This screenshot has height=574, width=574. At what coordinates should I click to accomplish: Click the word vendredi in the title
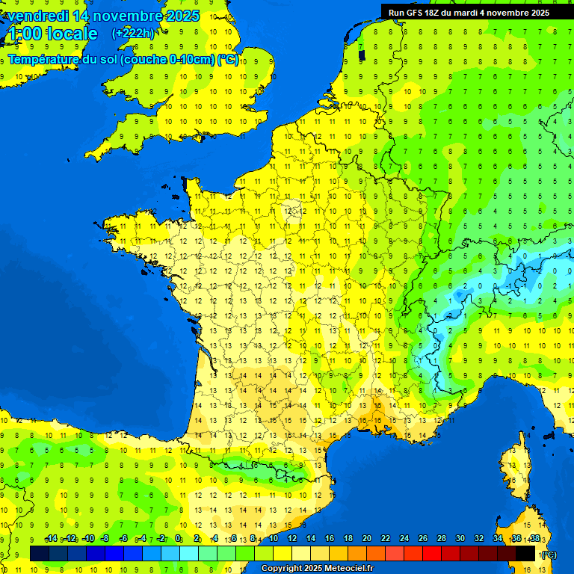37,16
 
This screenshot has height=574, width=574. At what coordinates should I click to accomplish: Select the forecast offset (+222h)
133,33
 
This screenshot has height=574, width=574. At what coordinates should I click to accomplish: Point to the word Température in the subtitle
44,60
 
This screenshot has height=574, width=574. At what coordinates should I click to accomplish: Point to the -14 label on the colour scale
51,539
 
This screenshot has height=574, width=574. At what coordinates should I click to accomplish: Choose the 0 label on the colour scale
178,539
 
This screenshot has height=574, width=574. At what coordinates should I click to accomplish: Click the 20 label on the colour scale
366,539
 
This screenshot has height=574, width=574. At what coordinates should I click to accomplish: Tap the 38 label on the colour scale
534,539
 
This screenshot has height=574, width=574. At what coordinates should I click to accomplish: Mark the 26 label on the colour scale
422,539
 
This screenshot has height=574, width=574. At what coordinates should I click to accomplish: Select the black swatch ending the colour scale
525,553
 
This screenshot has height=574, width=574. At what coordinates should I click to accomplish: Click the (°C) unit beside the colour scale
548,555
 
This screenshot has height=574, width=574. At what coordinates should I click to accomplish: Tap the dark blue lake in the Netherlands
362,54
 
